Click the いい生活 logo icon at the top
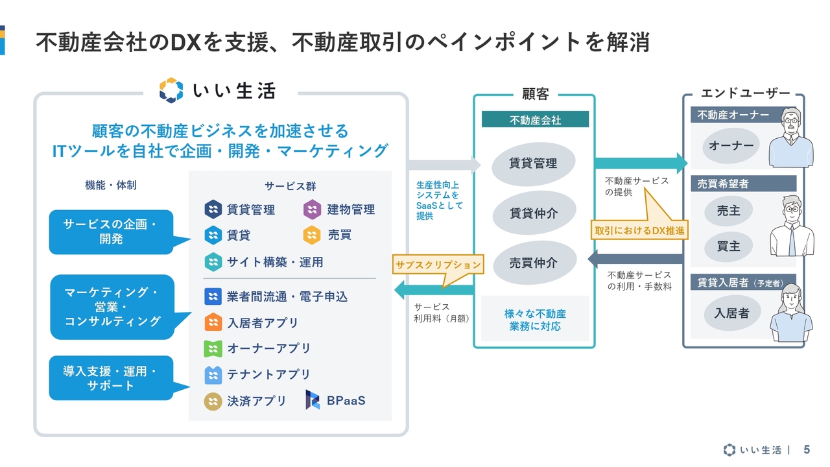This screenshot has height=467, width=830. click(171, 90)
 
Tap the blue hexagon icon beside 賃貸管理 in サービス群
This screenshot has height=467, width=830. click(213, 210)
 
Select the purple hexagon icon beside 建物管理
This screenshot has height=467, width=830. click(313, 210)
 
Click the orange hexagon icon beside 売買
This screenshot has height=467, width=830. click(313, 235)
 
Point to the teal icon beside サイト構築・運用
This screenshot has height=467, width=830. click(213, 262)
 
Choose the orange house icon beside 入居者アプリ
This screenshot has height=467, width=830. click(213, 322)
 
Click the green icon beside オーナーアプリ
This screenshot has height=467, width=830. click(213, 348)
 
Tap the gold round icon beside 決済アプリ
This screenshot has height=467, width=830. click(213, 401)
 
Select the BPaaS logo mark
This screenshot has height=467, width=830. click(313, 400)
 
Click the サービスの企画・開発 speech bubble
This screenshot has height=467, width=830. click(111, 232)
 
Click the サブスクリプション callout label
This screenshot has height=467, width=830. click(438, 265)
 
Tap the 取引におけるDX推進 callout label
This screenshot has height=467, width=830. click(639, 230)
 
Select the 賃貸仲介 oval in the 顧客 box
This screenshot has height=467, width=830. click(533, 213)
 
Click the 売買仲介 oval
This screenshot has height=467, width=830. click(533, 263)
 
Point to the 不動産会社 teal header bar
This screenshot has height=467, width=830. click(535, 120)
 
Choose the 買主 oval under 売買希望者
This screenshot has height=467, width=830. click(728, 246)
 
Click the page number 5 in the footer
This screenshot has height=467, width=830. click(807, 449)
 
